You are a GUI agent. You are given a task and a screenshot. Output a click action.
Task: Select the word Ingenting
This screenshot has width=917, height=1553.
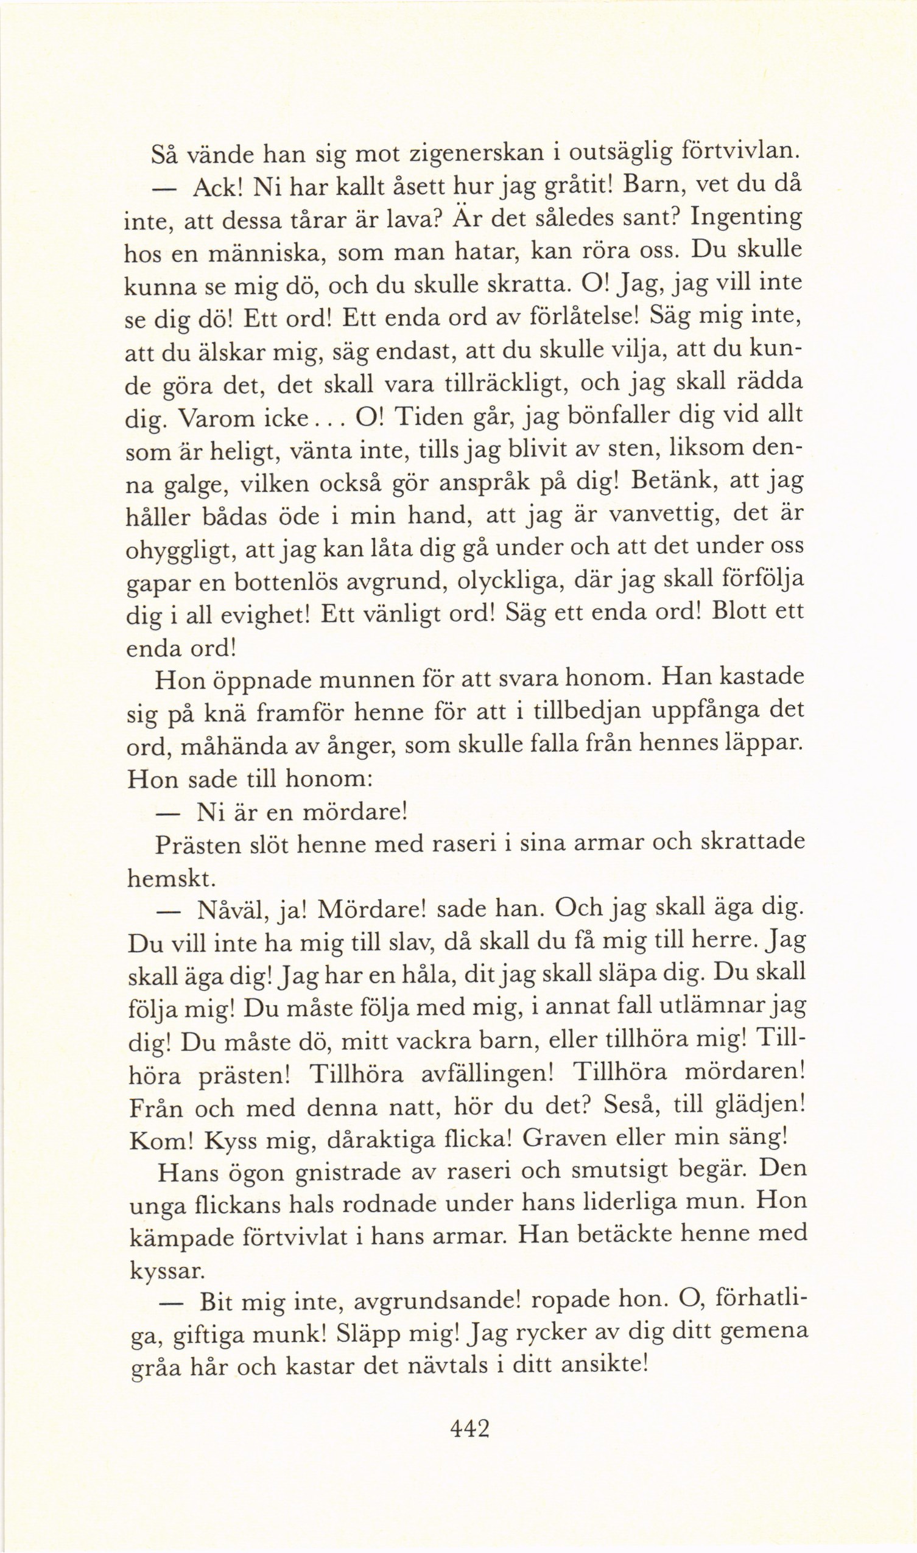pyautogui.click(x=746, y=219)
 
